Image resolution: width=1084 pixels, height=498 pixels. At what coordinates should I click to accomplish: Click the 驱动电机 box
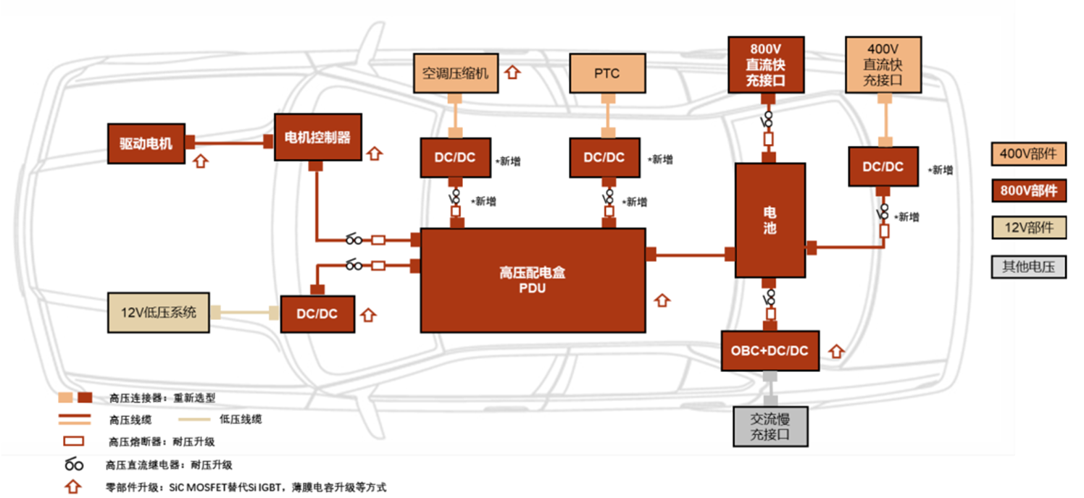(x=146, y=143)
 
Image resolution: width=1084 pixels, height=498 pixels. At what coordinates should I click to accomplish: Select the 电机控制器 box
(x=317, y=138)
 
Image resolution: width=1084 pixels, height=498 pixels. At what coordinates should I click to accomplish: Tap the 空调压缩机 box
(x=456, y=73)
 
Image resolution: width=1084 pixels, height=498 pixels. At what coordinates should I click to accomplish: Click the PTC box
(x=606, y=73)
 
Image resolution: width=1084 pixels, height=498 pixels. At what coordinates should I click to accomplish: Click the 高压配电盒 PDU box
(x=533, y=280)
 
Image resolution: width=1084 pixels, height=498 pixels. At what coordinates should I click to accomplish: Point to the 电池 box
(x=770, y=220)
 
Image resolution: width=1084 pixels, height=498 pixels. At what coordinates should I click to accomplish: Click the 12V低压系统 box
(x=158, y=313)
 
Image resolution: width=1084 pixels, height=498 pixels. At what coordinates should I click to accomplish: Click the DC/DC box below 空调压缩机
(x=456, y=157)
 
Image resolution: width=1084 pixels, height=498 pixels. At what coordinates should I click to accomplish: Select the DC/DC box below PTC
(x=605, y=157)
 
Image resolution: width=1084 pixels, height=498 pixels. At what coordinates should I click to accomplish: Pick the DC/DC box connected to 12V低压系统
(x=317, y=314)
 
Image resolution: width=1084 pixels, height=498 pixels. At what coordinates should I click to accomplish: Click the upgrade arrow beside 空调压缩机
(x=513, y=72)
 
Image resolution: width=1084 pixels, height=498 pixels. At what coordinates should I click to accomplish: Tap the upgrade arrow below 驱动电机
(x=201, y=161)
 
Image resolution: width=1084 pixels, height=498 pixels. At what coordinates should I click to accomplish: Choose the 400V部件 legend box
(x=1028, y=153)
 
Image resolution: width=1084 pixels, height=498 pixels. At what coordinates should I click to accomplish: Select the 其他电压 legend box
(x=1028, y=266)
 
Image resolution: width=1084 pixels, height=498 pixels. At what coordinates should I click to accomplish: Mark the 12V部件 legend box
(x=1028, y=229)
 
